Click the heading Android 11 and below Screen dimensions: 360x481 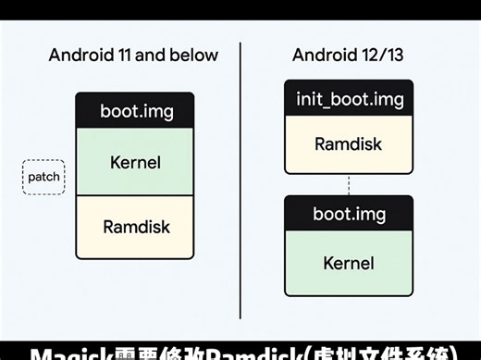point(133,55)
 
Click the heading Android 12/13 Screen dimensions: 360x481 point(348,55)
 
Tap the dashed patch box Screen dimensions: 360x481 point(43,176)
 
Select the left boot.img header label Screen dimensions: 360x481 point(136,112)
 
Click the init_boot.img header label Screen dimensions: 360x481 point(348,98)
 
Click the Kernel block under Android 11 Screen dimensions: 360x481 point(135,163)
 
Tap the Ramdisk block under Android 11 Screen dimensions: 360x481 point(135,226)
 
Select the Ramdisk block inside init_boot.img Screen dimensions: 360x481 point(348,143)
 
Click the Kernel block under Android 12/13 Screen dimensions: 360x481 point(348,263)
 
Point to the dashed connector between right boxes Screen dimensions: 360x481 point(349,184)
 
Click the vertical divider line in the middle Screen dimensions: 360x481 point(240,185)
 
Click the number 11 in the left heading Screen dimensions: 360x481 point(127,55)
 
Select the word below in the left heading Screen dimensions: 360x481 point(195,55)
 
